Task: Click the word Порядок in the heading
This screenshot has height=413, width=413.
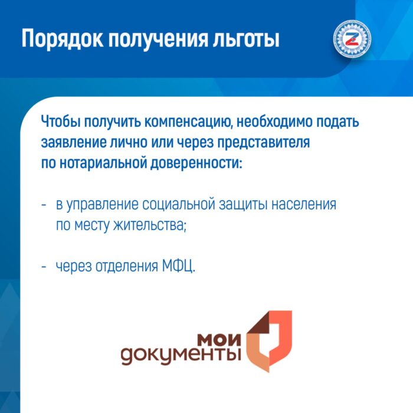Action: click(x=63, y=40)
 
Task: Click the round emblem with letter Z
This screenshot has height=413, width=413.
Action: click(x=352, y=39)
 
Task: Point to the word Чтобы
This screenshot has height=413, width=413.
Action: click(x=60, y=122)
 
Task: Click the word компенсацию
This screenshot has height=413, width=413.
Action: click(x=189, y=123)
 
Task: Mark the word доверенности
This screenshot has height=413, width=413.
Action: click(x=196, y=164)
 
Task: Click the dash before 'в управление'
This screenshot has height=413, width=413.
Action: click(x=44, y=205)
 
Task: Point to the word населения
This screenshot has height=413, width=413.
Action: click(x=304, y=205)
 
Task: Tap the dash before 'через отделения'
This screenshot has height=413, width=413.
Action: click(x=44, y=267)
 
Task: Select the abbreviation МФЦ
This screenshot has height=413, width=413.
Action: click(x=179, y=266)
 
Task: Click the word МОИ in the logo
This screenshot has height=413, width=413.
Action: click(x=219, y=340)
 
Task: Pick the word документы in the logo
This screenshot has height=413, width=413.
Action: click(x=181, y=356)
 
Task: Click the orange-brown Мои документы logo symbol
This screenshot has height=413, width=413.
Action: click(x=270, y=342)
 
